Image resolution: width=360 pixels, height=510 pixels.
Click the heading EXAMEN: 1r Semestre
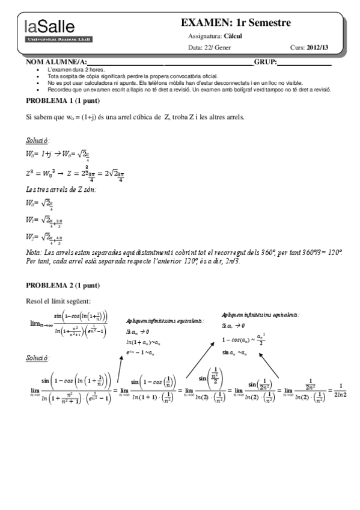[x=236, y=23]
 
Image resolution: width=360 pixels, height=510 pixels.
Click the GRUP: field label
[x=265, y=63]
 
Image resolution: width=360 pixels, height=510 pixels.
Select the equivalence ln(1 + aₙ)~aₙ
[x=145, y=342]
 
